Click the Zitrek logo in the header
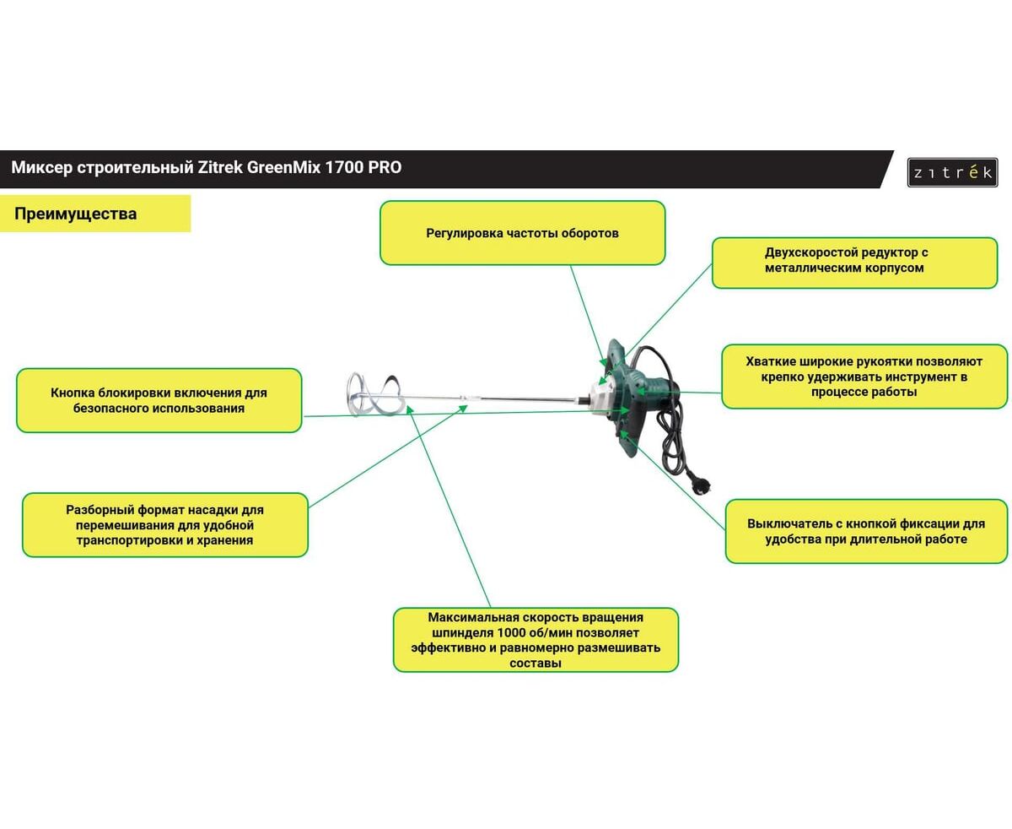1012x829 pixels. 952,172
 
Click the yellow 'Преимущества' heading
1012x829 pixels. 76,214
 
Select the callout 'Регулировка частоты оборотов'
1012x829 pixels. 522,233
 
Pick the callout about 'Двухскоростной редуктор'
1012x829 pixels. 854,260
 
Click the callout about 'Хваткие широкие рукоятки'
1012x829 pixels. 864,377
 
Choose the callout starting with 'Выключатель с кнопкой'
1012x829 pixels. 865,531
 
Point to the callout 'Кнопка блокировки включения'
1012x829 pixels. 159,400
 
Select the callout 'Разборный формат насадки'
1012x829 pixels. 164,525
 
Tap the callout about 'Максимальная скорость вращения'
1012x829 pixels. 536,640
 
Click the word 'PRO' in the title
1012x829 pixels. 385,167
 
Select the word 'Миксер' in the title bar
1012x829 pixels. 40,167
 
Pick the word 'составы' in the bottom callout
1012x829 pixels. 536,664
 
